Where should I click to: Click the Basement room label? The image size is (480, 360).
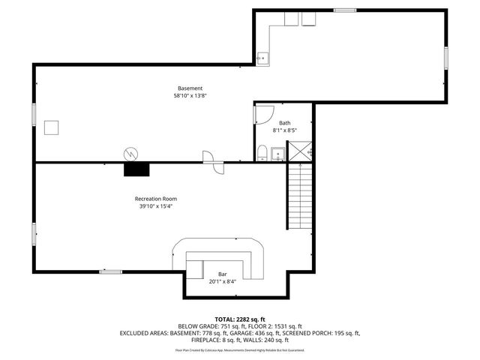[x=190, y=88]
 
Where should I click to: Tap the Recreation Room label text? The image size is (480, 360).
[x=156, y=199]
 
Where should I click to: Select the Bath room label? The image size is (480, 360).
[x=284, y=123]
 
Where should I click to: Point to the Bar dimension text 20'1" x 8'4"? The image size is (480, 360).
[x=223, y=282]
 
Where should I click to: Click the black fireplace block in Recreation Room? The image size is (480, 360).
[x=136, y=169]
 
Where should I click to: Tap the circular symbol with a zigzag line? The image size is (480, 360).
[x=130, y=153]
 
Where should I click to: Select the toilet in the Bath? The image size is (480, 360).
[x=262, y=154]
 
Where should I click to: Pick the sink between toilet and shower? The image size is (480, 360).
[x=278, y=154]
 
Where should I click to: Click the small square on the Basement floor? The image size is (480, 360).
[x=52, y=127]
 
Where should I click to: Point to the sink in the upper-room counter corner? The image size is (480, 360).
[x=262, y=57]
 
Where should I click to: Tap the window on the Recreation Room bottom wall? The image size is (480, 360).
[x=111, y=271]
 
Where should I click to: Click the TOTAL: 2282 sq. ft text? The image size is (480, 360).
[x=239, y=319]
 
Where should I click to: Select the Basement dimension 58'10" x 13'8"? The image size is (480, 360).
[x=190, y=96]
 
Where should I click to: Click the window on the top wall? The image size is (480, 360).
[x=345, y=10]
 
